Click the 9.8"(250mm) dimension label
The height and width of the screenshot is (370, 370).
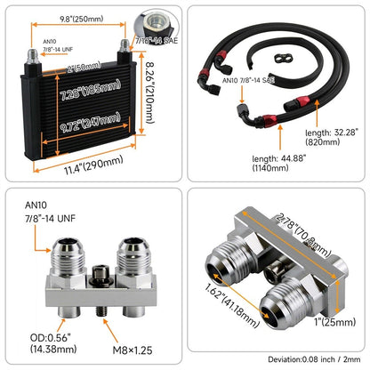coord(82,19)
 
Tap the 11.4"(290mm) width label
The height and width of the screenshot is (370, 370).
coord(93,165)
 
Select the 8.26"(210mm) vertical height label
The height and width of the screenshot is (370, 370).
coord(150,92)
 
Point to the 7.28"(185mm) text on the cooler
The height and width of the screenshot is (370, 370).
coord(91,90)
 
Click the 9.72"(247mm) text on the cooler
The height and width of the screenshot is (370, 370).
coord(91,123)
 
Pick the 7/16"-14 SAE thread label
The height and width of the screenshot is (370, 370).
coord(157,41)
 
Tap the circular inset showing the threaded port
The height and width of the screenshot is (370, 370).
coord(157,24)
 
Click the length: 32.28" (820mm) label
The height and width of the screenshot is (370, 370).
coord(332,137)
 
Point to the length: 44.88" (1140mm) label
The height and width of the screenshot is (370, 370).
coord(278,163)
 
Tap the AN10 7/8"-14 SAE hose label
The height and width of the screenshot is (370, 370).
coord(248,80)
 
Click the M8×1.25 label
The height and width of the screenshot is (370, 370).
coord(133,350)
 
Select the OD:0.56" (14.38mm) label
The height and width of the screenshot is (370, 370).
coord(53,343)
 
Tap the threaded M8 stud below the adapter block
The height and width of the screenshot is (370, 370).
coord(101,311)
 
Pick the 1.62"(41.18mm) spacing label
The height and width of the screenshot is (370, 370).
coord(232,306)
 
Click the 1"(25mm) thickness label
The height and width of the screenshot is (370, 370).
coord(335,322)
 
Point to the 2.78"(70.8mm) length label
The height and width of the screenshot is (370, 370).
coord(303,234)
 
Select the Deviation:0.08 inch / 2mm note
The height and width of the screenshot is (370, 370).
coord(314,359)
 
